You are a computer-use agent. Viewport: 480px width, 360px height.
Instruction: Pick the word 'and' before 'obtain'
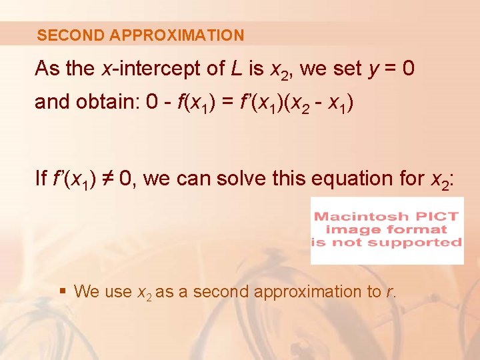click(x=49, y=101)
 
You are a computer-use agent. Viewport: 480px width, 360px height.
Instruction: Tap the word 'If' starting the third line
click(x=41, y=179)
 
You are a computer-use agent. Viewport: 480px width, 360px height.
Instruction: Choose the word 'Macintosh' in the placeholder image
click(x=367, y=217)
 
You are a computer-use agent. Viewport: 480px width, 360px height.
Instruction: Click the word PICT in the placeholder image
click(x=441, y=217)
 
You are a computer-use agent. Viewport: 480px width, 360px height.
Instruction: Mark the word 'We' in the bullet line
click(x=85, y=291)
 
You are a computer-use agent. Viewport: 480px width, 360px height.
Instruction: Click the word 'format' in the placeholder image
click(x=421, y=229)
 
